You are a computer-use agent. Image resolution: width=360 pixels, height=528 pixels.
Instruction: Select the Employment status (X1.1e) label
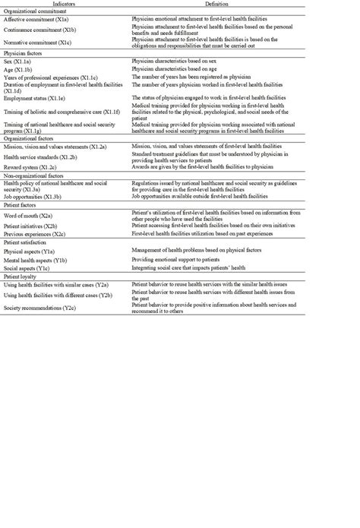click(x=39, y=99)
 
